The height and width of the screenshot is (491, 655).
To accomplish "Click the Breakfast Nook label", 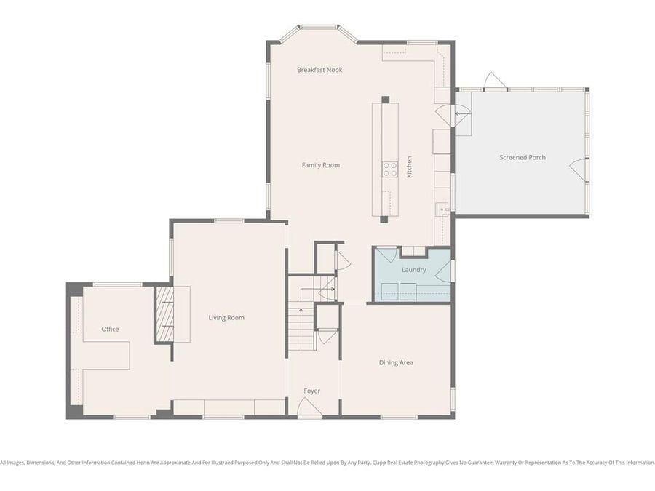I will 319,70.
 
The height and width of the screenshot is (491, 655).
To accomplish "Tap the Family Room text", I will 320,165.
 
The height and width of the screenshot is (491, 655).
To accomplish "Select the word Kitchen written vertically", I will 409,167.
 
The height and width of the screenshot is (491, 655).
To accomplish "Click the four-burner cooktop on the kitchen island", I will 390,169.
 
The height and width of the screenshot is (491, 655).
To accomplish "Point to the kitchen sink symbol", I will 442,210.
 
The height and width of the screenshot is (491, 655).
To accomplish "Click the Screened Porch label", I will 522,157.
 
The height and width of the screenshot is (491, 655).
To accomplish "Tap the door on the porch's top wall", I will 495,81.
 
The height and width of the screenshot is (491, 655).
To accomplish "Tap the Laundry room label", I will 413,270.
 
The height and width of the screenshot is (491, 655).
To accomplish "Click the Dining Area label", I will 396,362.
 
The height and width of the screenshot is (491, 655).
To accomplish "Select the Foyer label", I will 311,391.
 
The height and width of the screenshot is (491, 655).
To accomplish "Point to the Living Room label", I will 226,318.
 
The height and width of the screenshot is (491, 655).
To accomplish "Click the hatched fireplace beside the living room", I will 165,314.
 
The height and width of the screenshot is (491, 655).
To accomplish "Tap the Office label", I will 110,329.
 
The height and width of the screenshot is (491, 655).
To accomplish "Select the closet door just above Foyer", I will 327,335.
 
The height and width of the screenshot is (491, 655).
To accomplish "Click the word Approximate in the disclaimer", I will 198,463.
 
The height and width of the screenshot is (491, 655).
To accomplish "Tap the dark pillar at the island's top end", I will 385,100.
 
